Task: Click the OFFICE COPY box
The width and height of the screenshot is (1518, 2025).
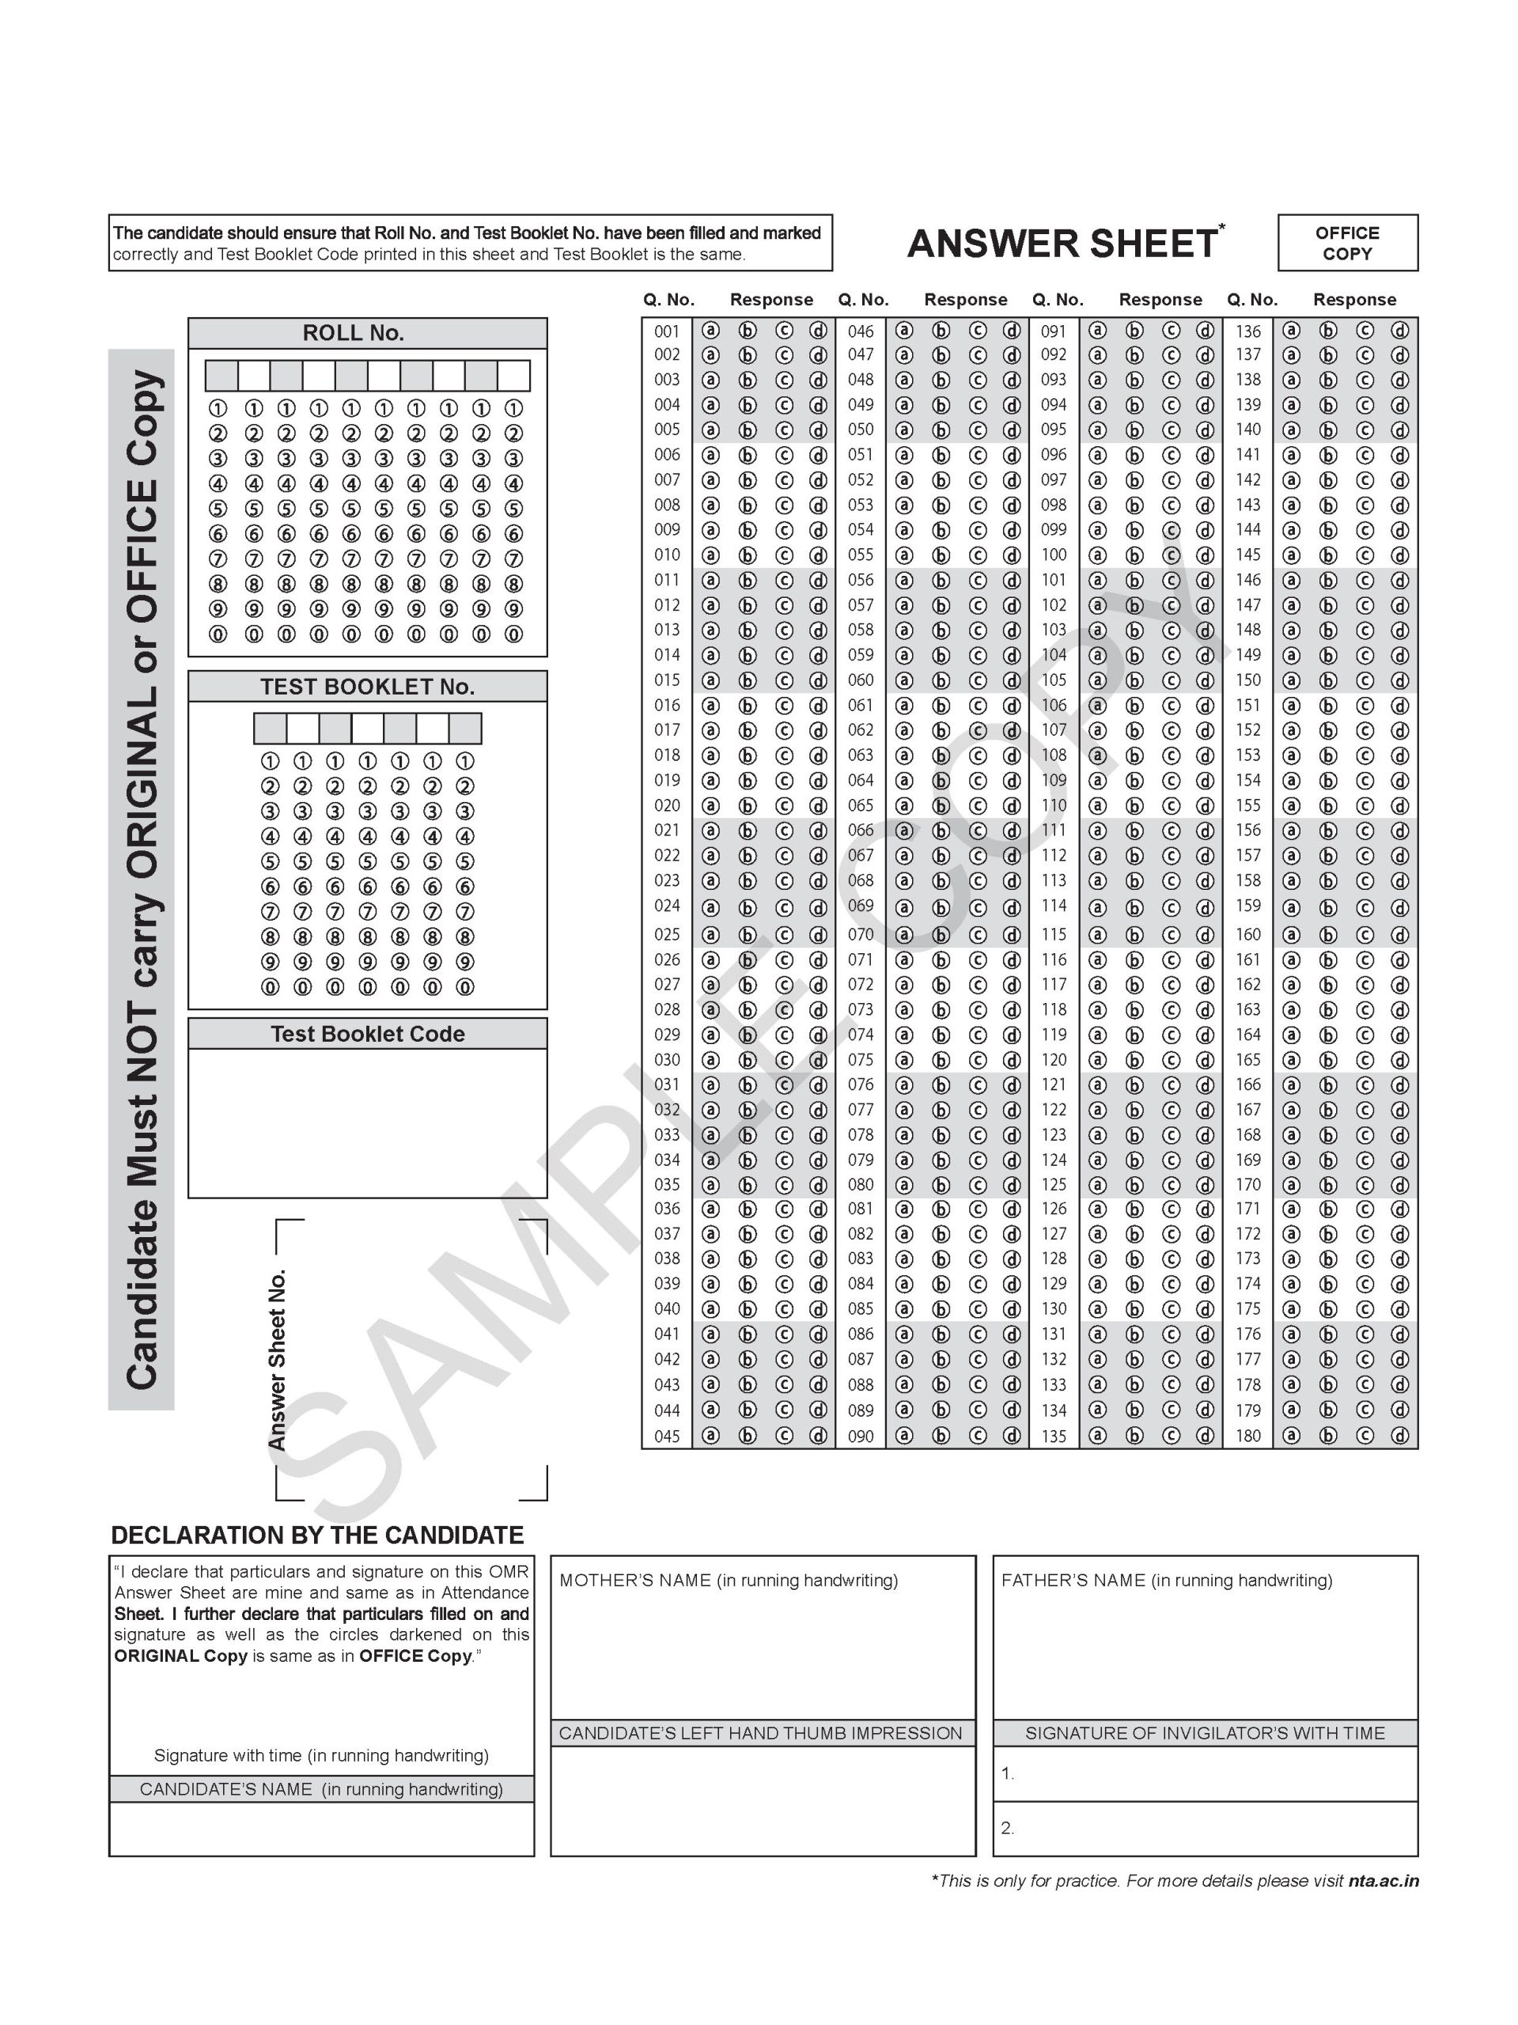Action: (x=1347, y=243)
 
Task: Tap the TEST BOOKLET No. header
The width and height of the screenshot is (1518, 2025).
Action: (x=367, y=687)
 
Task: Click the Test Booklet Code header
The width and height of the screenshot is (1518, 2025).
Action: (x=367, y=1034)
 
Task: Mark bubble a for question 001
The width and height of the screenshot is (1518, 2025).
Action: (x=710, y=331)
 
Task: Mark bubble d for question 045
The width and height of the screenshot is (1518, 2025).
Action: (x=819, y=1436)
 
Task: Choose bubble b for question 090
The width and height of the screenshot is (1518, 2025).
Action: (x=941, y=1436)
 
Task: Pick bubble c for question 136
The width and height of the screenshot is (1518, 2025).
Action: (x=1365, y=331)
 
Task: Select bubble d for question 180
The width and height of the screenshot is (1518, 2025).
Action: (x=1400, y=1436)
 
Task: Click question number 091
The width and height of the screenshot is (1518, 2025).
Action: (x=1054, y=331)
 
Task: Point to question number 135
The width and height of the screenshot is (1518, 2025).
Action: (x=1054, y=1436)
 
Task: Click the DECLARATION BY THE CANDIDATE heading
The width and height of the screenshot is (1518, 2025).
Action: (x=316, y=1535)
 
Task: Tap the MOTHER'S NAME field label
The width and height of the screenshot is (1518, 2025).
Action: (x=729, y=1580)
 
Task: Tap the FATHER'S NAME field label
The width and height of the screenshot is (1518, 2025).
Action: (x=1167, y=1580)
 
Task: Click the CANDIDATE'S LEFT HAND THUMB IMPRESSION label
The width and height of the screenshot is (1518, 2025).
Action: (x=761, y=1733)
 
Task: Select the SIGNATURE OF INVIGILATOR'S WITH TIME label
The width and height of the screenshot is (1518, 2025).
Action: (x=1205, y=1733)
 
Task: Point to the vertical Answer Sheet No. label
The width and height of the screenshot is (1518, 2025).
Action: (x=278, y=1360)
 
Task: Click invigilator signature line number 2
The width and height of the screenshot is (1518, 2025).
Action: (x=1007, y=1828)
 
